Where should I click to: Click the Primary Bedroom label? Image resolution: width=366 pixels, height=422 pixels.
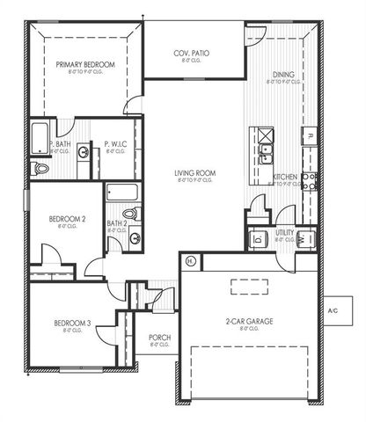[x=86, y=65]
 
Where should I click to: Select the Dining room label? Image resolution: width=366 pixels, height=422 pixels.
[x=283, y=76]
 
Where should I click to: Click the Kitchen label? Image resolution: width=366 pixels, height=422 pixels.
[x=284, y=177]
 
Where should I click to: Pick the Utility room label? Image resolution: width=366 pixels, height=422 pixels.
[x=284, y=233]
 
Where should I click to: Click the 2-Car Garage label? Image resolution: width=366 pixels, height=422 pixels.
[x=249, y=323]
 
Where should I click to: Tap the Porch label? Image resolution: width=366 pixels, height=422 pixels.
[x=159, y=338]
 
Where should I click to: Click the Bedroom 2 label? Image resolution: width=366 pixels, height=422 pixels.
[x=67, y=217]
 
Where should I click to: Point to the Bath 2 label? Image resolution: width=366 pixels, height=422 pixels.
[x=117, y=224]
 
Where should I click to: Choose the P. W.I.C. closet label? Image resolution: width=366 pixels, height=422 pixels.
[x=116, y=143]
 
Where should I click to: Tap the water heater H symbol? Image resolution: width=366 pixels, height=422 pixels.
[x=191, y=261]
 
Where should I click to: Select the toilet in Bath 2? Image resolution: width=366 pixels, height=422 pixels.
[x=128, y=213]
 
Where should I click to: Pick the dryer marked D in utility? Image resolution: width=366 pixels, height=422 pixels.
[x=259, y=238]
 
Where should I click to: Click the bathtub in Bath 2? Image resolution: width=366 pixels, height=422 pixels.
[x=121, y=193]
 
